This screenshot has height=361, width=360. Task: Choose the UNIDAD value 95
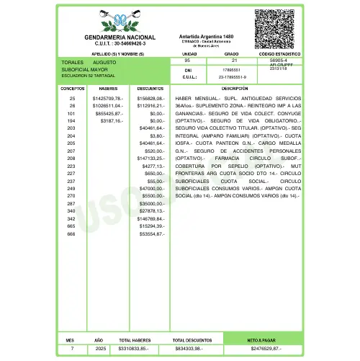188,61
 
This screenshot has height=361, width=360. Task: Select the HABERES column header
108,88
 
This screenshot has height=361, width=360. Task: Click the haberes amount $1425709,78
108,97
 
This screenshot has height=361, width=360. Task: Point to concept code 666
71,234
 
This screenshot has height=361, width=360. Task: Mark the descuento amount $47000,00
151,188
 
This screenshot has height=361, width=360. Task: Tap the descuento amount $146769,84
151,218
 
